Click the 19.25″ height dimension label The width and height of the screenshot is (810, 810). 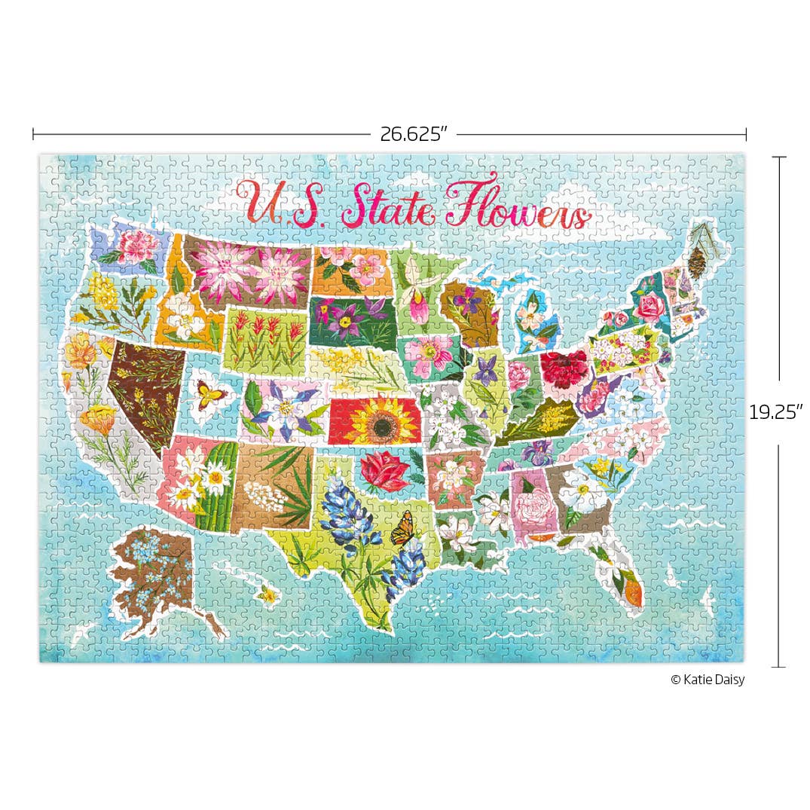(x=775, y=412)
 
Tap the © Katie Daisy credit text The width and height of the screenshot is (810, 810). (x=707, y=680)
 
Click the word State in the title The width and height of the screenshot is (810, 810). (x=389, y=204)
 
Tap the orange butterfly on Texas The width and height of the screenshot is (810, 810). (x=402, y=528)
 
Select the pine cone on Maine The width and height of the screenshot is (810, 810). (x=697, y=261)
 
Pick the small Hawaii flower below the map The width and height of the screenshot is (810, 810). (x=267, y=595)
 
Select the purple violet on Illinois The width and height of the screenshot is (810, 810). (x=487, y=371)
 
